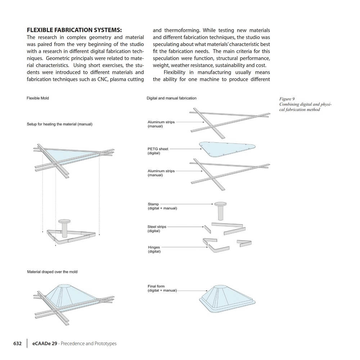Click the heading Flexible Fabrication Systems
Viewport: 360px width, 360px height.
point(74,30)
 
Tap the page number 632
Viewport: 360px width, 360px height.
point(18,343)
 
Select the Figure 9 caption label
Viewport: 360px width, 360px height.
point(287,99)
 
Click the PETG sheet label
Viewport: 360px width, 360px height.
point(158,151)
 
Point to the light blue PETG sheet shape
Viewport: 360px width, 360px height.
point(227,148)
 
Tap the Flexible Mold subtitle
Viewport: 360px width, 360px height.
point(38,98)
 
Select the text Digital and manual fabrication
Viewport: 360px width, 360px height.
point(171,98)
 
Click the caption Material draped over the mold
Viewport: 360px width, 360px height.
point(52,272)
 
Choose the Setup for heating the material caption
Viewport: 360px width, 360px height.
point(59,124)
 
